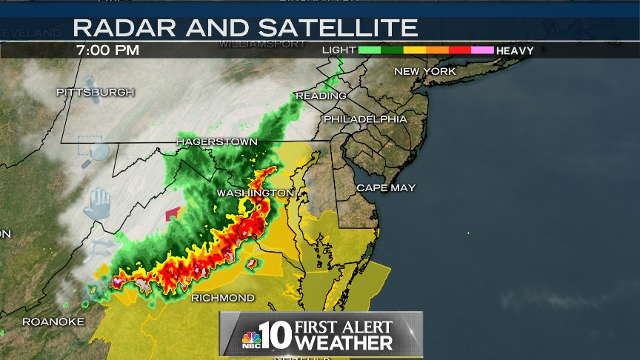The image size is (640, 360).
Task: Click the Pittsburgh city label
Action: pos(96,92)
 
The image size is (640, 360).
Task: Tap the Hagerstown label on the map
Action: pos(216,141)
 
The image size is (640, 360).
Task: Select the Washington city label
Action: pos(256,193)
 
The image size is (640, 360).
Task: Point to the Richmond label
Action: pos(223,298)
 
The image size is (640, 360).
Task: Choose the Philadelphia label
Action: pos(365,119)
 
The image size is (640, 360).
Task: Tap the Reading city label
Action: pos(321,96)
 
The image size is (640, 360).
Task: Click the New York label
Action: pos(425,71)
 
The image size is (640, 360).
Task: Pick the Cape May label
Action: pos(386,187)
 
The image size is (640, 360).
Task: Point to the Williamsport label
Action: pos(262,44)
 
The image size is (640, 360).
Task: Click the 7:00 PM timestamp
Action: pos(107,50)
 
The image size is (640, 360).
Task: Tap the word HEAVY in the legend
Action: pos(516,50)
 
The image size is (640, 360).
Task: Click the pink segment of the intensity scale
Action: pos(482,50)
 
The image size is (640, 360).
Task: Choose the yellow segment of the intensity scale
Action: pos(414,50)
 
